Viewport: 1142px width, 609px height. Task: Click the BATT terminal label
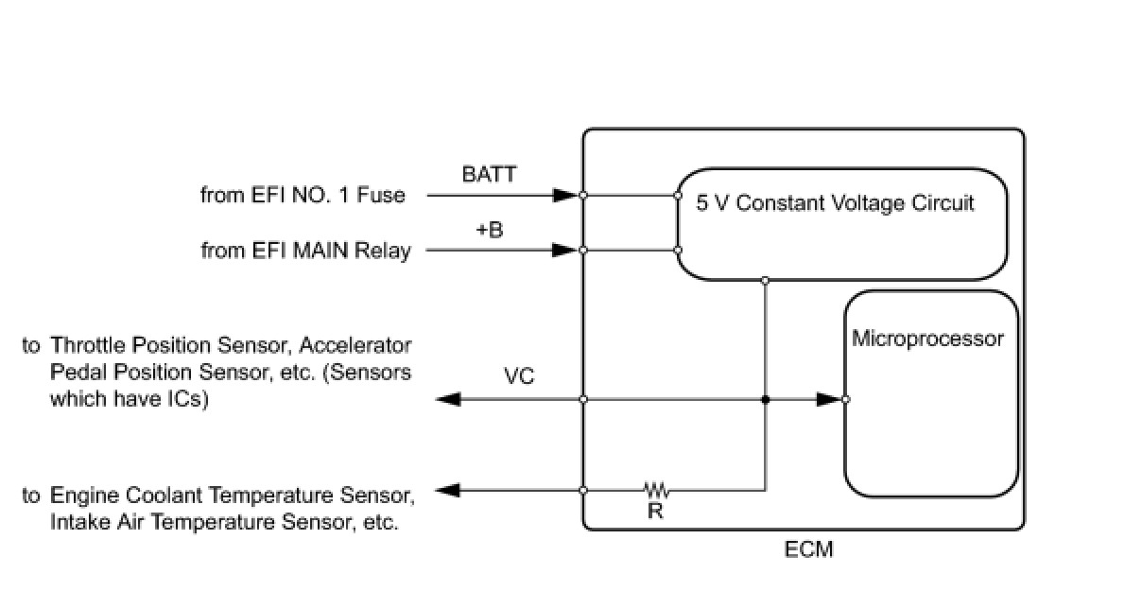click(489, 174)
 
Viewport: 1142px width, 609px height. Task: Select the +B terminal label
click(490, 230)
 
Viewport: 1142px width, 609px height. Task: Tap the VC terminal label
click(519, 376)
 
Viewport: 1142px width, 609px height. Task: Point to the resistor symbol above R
click(657, 490)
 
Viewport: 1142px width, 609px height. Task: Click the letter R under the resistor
click(655, 511)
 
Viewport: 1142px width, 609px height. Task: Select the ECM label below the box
click(808, 549)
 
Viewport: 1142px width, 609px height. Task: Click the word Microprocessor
click(927, 339)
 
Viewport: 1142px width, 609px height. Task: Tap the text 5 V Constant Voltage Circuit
click(835, 203)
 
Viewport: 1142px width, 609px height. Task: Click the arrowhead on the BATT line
click(566, 195)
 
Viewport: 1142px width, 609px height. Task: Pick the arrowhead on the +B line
click(565, 250)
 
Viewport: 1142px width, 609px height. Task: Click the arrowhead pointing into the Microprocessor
click(829, 399)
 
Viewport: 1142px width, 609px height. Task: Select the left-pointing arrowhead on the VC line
click(449, 399)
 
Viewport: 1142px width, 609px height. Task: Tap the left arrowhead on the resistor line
click(448, 490)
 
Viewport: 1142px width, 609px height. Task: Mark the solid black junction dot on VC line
click(765, 400)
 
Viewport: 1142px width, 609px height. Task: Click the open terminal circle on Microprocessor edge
click(845, 399)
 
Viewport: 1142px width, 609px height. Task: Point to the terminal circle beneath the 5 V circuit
click(765, 281)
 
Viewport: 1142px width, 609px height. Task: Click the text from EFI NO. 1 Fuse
click(303, 196)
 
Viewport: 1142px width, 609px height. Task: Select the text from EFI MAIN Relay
click(306, 251)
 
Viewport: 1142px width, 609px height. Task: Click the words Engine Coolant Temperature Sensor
click(232, 496)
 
